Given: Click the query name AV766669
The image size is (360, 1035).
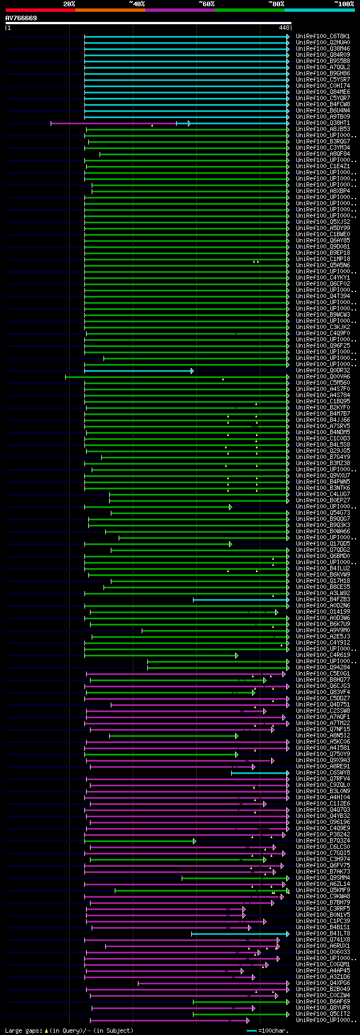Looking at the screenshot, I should pyautogui.click(x=21, y=18).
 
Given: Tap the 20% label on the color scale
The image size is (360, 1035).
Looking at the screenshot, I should pyautogui.click(x=69, y=4).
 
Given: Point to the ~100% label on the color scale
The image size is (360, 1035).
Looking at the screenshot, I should pyautogui.click(x=344, y=4).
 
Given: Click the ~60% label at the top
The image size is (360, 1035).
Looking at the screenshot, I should pyautogui.click(x=206, y=4).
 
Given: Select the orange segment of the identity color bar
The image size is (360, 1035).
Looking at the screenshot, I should pyautogui.click(x=110, y=10).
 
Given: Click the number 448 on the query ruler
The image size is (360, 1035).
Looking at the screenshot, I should pyautogui.click(x=284, y=27).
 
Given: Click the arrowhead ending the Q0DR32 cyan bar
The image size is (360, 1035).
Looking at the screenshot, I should pyautogui.click(x=192, y=371).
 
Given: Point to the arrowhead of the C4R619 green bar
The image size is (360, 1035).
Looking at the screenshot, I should pyautogui.click(x=237, y=655).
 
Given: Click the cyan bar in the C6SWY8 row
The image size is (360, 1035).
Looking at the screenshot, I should pyautogui.click(x=259, y=773).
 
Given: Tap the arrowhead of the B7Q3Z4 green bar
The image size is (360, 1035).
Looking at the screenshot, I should pyautogui.click(x=194, y=841).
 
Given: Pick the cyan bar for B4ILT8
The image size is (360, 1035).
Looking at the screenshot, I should pyautogui.click(x=239, y=934).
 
